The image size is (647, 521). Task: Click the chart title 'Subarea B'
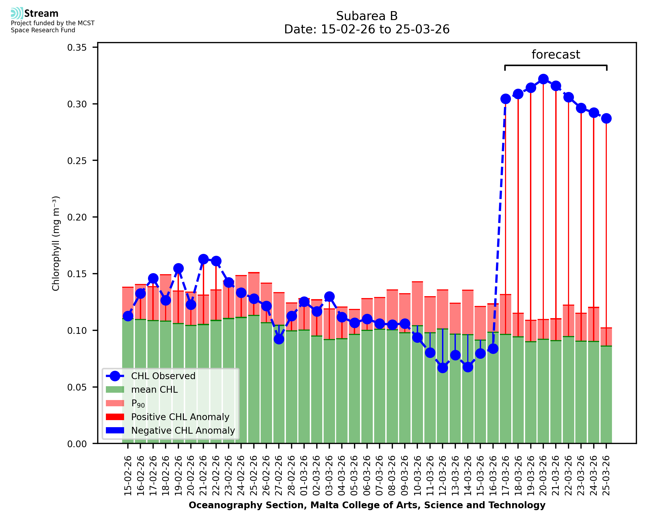367,16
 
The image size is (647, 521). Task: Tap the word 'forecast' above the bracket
556,55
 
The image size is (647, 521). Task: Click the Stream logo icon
17,13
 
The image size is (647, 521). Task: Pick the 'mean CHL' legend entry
154,389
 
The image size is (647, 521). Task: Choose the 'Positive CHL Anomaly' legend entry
180,417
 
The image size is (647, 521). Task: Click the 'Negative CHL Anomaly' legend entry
183,430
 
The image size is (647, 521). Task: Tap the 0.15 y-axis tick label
77,274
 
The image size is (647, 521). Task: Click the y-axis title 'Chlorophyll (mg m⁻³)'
56,243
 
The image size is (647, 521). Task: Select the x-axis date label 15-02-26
128,475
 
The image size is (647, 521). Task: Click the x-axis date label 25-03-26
606,475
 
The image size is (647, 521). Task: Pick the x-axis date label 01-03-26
304,475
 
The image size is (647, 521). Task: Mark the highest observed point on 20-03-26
543,79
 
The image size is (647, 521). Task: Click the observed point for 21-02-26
203,259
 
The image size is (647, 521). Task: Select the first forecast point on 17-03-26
506,99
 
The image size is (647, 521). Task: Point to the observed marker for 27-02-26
279,339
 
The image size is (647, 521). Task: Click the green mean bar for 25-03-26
606,396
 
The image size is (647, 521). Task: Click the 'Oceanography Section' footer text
367,505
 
